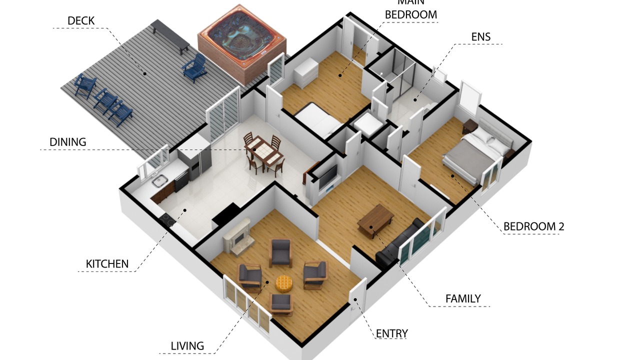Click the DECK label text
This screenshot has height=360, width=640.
(81, 21)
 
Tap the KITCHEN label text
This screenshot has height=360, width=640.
(107, 264)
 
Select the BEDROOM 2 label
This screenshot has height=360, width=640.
(533, 226)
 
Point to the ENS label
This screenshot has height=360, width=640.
(481, 37)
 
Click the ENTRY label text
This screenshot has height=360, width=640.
(391, 333)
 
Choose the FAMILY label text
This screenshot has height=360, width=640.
(463, 299)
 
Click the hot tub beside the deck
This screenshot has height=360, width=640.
(241, 44)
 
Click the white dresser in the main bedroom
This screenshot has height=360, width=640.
(306, 72)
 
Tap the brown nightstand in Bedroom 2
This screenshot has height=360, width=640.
(470, 126)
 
